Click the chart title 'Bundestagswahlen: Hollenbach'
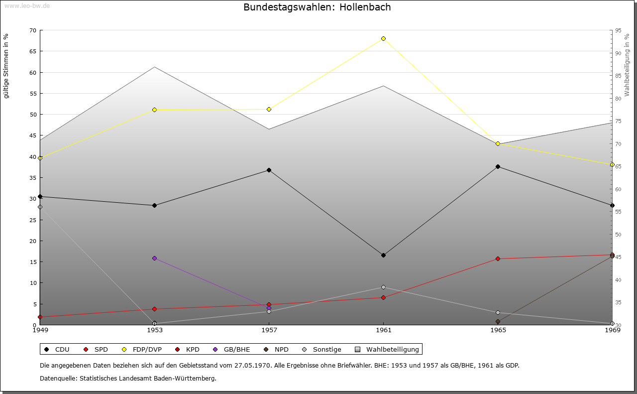point(317,7)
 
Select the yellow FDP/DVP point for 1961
point(383,38)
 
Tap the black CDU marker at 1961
point(383,255)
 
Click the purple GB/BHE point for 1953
point(155,258)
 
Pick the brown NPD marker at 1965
point(498,321)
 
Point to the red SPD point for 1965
point(498,259)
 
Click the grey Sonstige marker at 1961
point(383,287)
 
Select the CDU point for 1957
point(269,170)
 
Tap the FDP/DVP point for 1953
point(155,110)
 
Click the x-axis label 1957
point(269,330)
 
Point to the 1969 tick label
point(612,330)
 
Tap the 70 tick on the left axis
point(33,30)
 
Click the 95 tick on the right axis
point(618,30)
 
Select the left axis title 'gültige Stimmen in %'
point(6,66)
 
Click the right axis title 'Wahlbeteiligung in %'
point(627,65)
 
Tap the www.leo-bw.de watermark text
point(26,5)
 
